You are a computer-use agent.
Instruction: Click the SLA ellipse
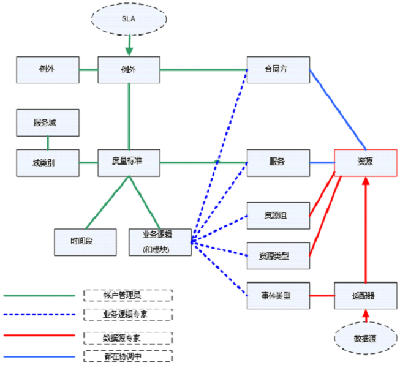(129, 19)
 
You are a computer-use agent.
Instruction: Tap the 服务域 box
(48, 122)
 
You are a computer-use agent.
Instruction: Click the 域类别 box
(48, 162)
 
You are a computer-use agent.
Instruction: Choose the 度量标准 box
(129, 162)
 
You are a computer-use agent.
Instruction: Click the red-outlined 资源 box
(365, 163)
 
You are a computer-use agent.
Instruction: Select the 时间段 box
(85, 241)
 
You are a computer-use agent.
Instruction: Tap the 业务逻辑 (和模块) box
(160, 242)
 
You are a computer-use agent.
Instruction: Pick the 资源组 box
(277, 215)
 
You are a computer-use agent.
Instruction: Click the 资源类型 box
(277, 255)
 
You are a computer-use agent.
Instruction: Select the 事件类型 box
(277, 295)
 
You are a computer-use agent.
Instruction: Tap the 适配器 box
(365, 295)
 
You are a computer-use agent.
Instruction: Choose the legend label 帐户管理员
(129, 295)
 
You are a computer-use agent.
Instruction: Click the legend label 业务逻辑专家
(129, 315)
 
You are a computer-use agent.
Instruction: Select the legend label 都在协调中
(129, 356)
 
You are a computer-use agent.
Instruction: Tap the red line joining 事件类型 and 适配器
(322, 295)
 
